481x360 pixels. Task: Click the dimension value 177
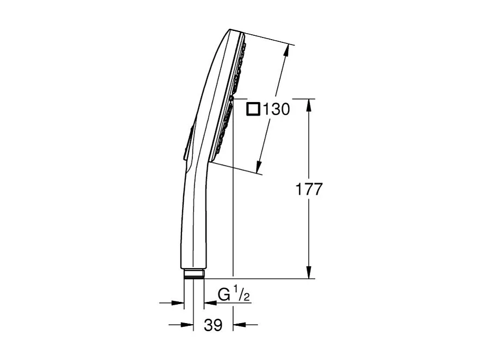309,190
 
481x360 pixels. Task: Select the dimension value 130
276,109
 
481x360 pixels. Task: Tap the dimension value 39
213,325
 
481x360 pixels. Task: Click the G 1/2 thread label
233,295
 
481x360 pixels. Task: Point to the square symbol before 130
253,109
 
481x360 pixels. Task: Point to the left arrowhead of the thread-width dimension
178,302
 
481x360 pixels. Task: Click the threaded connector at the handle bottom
193,274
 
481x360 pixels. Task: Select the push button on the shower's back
188,143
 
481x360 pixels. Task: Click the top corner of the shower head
232,30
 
